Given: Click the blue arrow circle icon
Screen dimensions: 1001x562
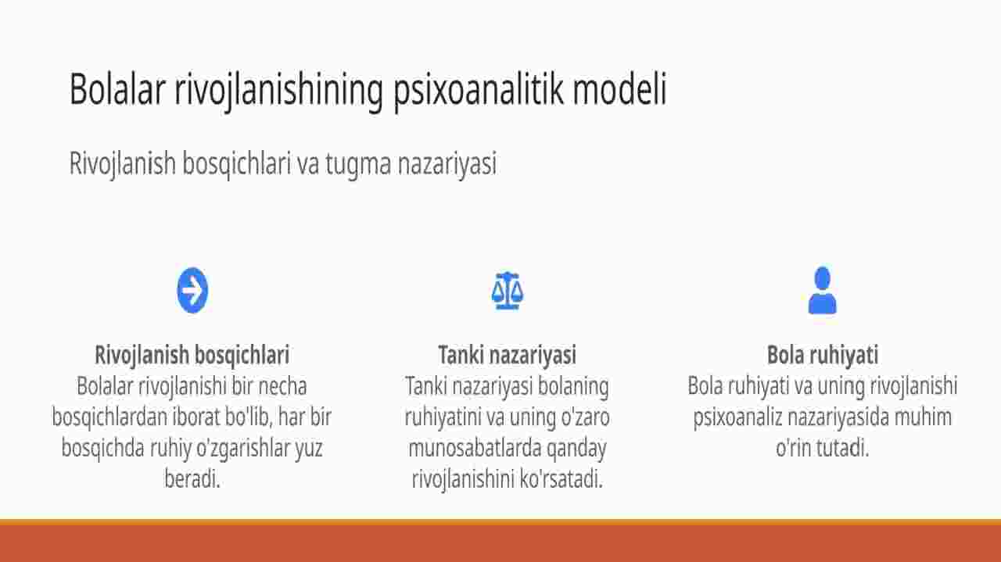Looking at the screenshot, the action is (192, 291).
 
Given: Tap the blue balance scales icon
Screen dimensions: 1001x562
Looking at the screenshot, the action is (508, 291).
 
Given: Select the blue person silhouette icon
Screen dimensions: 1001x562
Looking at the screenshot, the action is (822, 291).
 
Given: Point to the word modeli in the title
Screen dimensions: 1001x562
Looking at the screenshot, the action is (620, 89).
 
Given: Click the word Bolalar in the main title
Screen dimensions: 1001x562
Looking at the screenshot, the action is (117, 89).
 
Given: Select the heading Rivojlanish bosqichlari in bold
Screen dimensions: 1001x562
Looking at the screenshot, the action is (192, 356).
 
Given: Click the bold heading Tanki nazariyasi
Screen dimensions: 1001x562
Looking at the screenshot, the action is (508, 355).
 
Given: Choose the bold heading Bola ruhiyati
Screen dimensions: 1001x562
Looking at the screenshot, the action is (823, 356).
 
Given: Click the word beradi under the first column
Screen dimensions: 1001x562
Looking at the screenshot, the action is (192, 478).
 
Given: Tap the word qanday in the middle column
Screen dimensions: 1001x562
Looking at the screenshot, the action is (576, 449).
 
